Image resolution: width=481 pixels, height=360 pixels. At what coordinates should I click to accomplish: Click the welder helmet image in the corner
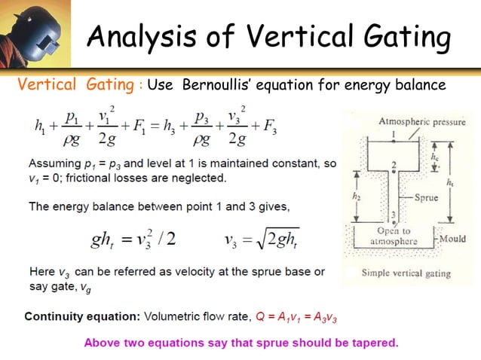point(35,33)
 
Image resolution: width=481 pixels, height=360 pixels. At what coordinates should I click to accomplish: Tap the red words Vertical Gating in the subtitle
point(75,84)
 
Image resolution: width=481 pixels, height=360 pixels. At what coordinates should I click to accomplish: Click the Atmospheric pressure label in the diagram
point(421,122)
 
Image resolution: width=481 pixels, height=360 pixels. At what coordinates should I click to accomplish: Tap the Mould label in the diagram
point(454,239)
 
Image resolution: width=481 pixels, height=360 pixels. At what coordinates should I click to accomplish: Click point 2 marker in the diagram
point(394,165)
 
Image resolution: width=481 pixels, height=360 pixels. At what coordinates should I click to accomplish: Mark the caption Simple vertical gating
point(406,273)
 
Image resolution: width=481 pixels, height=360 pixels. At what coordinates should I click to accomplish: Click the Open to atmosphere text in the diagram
point(397,236)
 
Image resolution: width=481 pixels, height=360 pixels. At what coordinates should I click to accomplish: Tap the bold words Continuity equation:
point(72,317)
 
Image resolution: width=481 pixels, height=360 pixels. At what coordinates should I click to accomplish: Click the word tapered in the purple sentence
point(371,343)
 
